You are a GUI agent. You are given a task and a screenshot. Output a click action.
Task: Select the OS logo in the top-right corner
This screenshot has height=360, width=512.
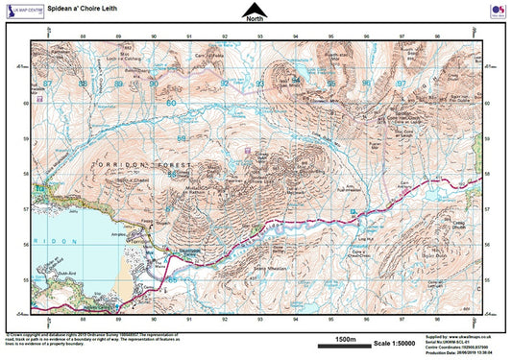click(496, 11)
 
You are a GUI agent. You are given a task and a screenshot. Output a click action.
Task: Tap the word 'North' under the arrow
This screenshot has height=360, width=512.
click(254, 19)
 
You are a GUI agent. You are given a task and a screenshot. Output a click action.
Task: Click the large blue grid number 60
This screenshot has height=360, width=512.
click(172, 102)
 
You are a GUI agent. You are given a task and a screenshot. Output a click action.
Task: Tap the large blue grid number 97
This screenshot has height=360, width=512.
click(402, 84)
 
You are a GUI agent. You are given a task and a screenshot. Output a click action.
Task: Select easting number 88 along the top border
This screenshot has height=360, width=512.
click(84, 36)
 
